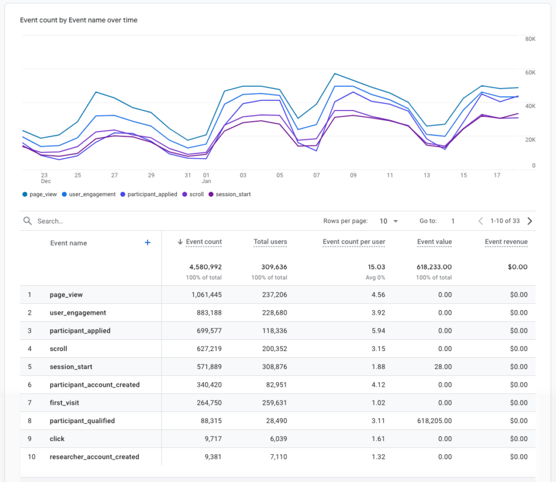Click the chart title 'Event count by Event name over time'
79,20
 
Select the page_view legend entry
40,194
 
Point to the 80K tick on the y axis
530,39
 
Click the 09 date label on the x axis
353,175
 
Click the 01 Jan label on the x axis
207,178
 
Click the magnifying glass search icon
27,221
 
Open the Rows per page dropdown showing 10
388,221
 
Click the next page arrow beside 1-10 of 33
530,221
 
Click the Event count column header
204,242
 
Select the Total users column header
270,242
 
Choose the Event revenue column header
506,242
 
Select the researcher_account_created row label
94,456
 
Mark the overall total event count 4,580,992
205,267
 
